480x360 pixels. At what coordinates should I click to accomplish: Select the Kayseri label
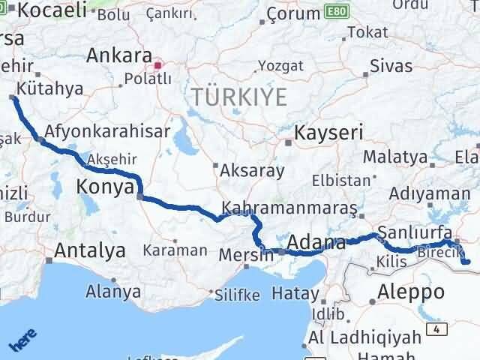pos(329,133)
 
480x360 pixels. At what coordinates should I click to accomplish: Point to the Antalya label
pos(91,252)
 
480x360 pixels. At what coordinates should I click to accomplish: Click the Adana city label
pos(316,244)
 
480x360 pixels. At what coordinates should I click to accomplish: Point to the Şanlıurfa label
pos(415,231)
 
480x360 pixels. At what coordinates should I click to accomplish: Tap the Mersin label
pos(246,256)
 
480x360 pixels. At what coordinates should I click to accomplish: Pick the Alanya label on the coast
pos(113,290)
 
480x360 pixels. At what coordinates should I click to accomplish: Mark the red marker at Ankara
pos(158,64)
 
